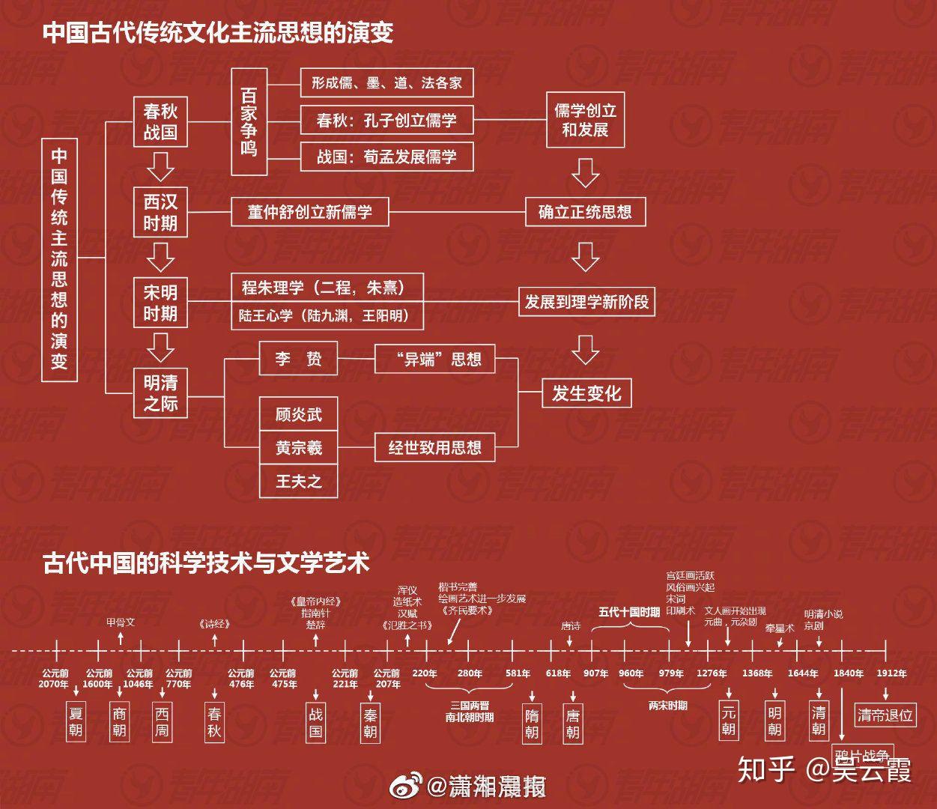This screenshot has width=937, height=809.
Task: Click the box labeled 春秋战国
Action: [160, 122]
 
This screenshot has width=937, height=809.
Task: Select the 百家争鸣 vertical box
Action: [249, 121]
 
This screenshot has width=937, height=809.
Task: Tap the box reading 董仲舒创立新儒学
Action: [309, 212]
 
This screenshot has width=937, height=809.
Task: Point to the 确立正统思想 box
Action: [585, 212]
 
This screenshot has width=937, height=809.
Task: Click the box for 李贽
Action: [298, 359]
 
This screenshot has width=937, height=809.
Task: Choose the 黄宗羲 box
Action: [298, 448]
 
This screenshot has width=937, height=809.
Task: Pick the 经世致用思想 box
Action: [434, 448]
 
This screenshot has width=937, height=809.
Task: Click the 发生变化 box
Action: [586, 393]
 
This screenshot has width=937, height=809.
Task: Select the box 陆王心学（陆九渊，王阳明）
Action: [327, 316]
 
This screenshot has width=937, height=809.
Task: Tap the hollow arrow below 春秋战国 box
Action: [160, 166]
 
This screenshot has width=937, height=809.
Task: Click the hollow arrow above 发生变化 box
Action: [585, 349]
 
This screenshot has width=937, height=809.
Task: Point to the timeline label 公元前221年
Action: [345, 679]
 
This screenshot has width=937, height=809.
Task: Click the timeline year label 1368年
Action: [757, 673]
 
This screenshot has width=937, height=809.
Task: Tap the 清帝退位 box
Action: [885, 715]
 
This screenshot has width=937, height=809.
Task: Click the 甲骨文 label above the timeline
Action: [121, 622]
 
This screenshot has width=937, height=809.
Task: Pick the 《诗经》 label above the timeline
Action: [214, 624]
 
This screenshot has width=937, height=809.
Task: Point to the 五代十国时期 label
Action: [629, 612]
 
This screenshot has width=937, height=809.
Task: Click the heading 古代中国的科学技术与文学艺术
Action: [206, 563]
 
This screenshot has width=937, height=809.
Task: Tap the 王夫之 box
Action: [298, 481]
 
